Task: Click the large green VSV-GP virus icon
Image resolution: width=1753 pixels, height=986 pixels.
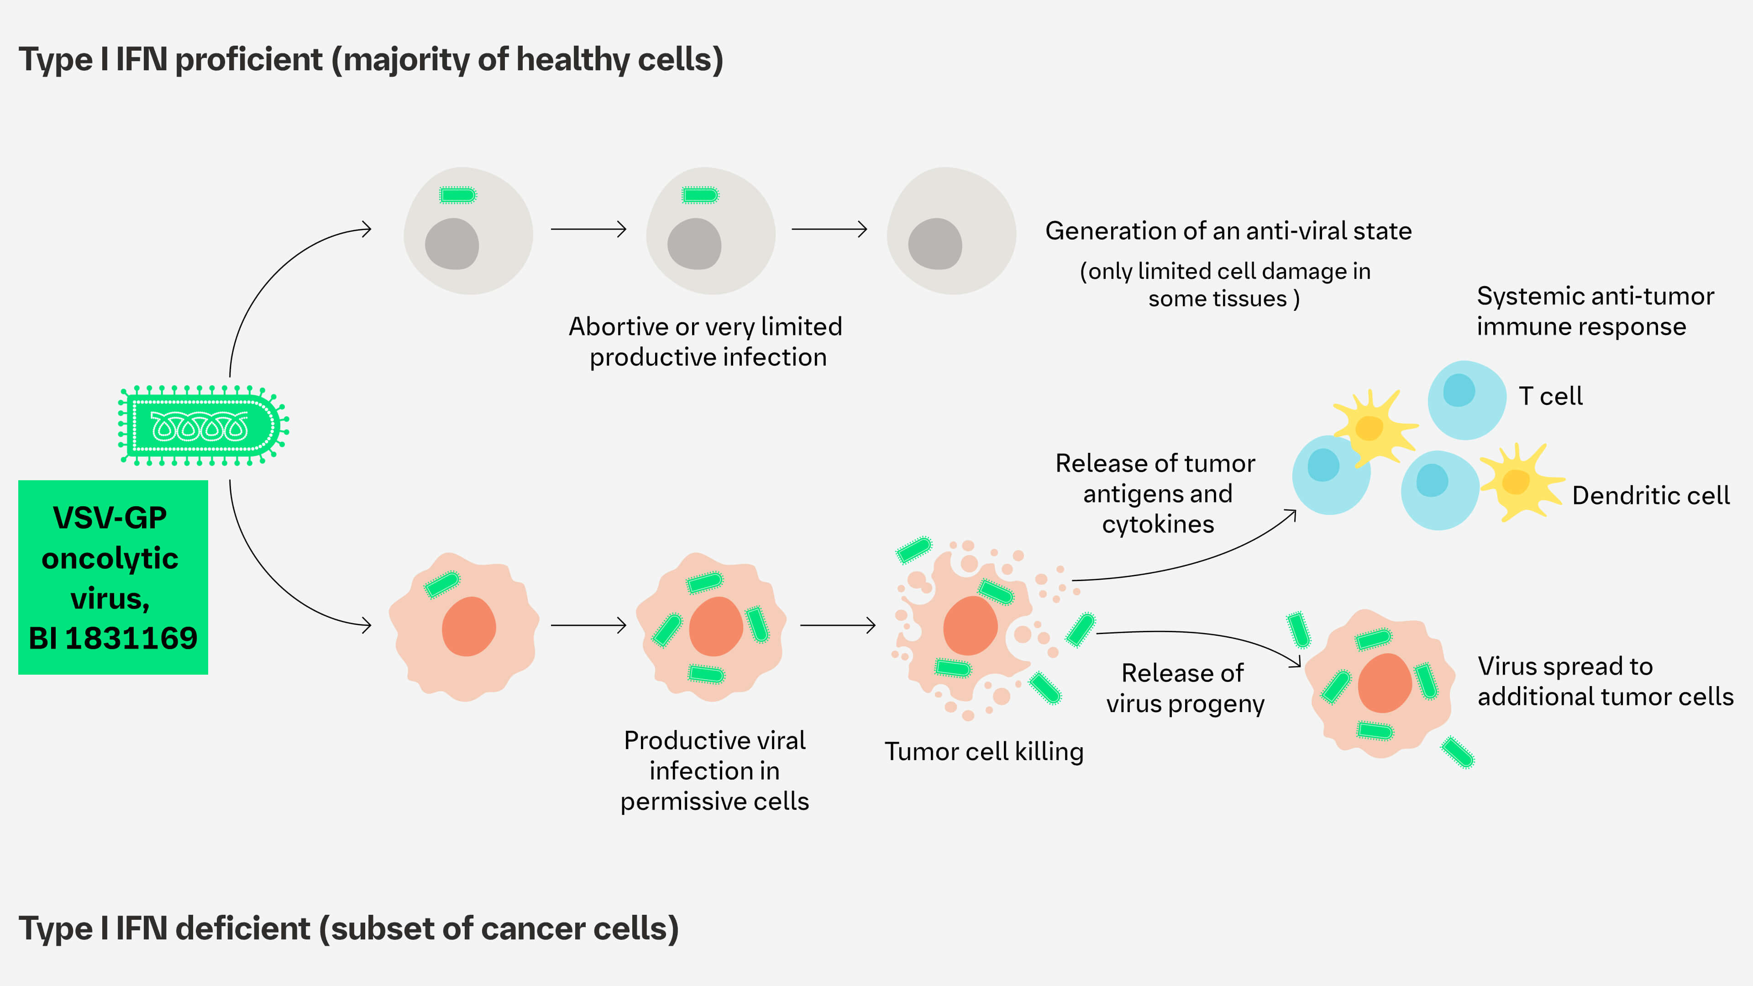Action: tap(203, 426)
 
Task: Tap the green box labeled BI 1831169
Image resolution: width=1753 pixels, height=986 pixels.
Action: tap(113, 577)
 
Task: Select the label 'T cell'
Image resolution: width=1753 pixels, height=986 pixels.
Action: tap(1550, 396)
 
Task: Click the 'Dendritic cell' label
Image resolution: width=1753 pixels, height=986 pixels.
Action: tap(1650, 495)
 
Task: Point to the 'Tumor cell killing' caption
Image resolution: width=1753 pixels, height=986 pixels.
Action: tap(983, 752)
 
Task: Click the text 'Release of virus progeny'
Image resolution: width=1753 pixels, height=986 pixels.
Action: tap(1185, 688)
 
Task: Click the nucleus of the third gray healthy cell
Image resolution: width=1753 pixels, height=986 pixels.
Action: tap(935, 244)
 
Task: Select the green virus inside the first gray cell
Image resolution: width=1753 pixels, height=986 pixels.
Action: tap(457, 196)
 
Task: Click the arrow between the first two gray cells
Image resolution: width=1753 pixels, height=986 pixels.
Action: tap(588, 229)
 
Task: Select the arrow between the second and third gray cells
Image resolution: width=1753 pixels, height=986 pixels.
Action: tap(829, 229)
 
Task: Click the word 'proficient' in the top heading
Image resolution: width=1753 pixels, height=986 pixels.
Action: tap(248, 60)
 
